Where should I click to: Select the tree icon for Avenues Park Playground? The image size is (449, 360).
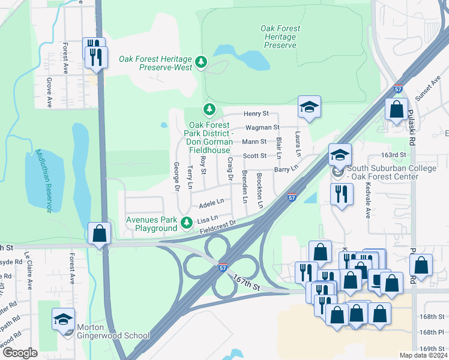click(187, 223)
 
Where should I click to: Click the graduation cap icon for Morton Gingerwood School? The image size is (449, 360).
click(64, 319)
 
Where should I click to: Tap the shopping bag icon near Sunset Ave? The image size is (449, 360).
click(396, 110)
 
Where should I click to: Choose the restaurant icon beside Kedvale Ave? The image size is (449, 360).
click(340, 194)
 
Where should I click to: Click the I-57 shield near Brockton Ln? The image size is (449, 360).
click(291, 197)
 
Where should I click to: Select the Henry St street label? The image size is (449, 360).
click(256, 113)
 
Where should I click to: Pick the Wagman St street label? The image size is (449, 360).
click(262, 127)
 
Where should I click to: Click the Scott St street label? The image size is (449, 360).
click(255, 156)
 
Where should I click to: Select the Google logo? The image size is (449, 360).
click(20, 352)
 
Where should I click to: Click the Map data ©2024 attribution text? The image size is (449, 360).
click(423, 355)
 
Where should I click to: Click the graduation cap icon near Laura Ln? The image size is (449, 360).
click(310, 107)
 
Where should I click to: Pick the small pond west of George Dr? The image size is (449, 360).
click(164, 125)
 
